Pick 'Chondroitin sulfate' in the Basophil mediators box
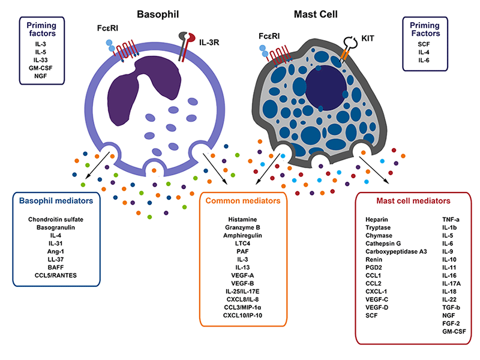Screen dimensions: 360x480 [55, 220]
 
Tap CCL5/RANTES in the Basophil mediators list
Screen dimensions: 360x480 [55, 275]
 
